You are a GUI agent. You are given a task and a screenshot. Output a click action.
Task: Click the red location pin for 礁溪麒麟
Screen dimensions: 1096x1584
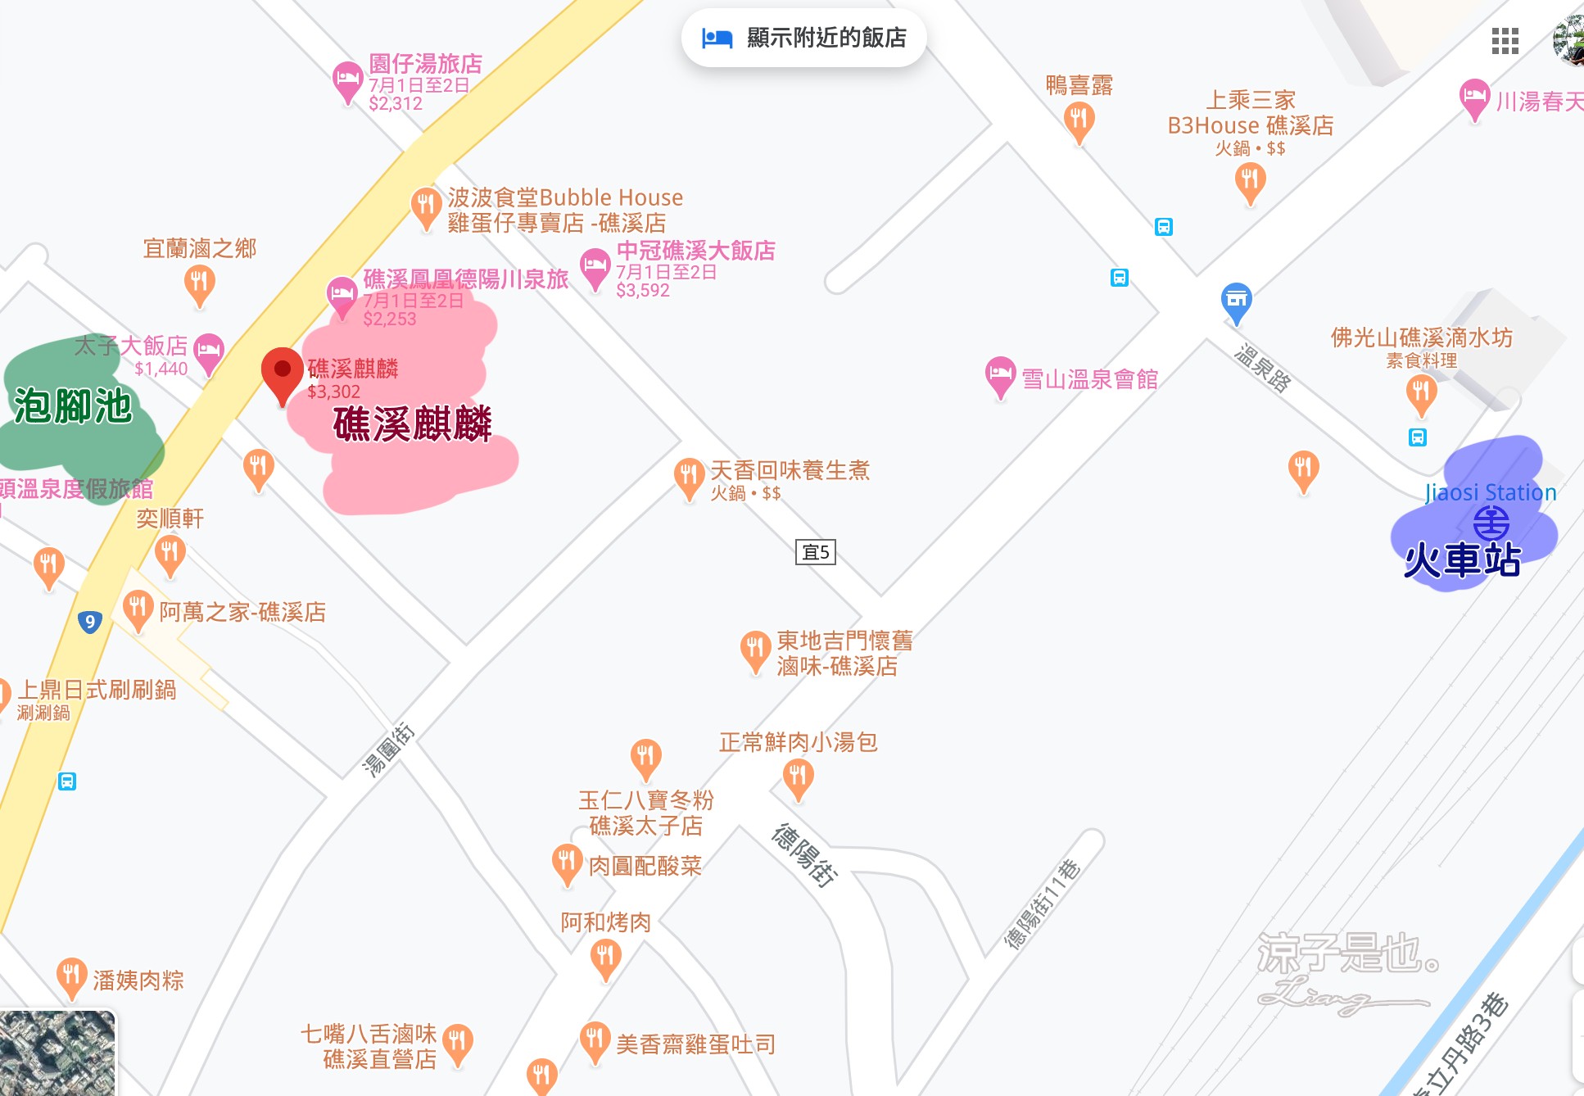pyautogui.click(x=282, y=370)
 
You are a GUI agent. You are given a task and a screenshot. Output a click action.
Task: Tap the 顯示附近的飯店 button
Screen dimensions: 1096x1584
pyautogui.click(x=803, y=38)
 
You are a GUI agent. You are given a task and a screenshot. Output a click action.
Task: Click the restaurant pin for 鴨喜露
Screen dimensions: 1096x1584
pyautogui.click(x=1079, y=120)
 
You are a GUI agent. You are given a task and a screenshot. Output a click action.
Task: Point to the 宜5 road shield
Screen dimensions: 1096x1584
pyautogui.click(x=816, y=552)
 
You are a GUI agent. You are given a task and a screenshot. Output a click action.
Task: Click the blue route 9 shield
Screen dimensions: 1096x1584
pyautogui.click(x=90, y=622)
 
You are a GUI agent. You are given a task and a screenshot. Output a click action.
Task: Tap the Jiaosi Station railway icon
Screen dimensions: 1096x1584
pyautogui.click(x=1491, y=522)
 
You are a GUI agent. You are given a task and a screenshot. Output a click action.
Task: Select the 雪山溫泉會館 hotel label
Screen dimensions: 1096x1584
pyautogui.click(x=1089, y=379)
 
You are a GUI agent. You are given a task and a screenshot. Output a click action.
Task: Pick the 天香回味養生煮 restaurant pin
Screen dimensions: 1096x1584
pyautogui.click(x=689, y=475)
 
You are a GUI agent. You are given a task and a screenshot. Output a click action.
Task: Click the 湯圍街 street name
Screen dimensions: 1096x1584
pyautogui.click(x=389, y=749)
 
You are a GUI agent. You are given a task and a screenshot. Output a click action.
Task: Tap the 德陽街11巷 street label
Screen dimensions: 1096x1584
pyautogui.click(x=1042, y=904)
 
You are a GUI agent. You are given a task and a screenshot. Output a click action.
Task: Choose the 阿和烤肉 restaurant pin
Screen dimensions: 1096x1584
pyautogui.click(x=605, y=957)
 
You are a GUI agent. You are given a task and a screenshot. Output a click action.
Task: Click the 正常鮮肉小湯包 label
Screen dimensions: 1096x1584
pyautogui.click(x=798, y=742)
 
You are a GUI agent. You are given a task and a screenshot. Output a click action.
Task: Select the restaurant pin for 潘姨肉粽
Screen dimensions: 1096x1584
pyautogui.click(x=71, y=975)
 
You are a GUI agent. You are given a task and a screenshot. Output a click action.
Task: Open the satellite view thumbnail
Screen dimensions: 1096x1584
pyautogui.click(x=57, y=1053)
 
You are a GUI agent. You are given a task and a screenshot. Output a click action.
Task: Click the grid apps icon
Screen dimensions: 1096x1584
pyautogui.click(x=1505, y=40)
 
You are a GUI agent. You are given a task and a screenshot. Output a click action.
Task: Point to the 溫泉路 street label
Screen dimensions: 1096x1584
pyautogui.click(x=1262, y=368)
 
